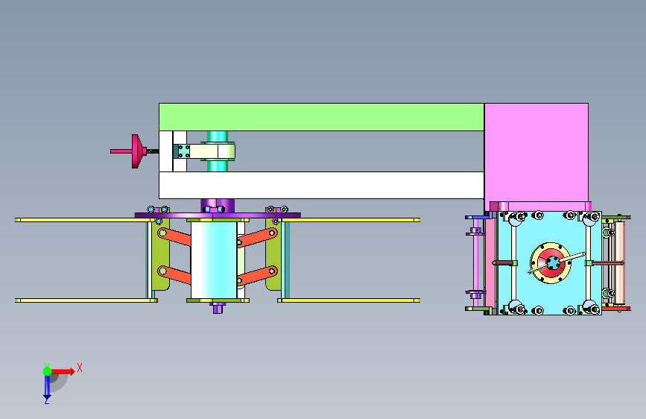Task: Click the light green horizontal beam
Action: click(x=321, y=117)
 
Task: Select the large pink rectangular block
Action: click(x=536, y=153)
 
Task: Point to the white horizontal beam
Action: click(x=321, y=185)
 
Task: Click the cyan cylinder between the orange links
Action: click(x=214, y=260)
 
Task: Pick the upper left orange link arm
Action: click(x=174, y=237)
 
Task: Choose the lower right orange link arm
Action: click(x=256, y=276)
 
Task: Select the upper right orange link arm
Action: click(x=256, y=238)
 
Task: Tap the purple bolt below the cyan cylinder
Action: click(x=218, y=308)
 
